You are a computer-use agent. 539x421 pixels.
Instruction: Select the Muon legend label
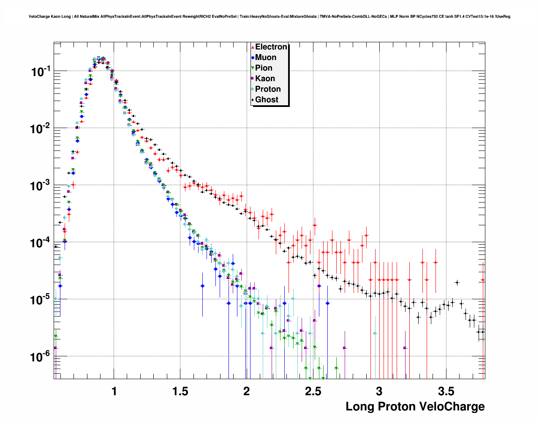[x=266, y=57]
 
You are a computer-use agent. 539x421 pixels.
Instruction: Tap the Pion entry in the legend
[x=264, y=68]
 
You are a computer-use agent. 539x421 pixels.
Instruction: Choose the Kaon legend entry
[x=265, y=79]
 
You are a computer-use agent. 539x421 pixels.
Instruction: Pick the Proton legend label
[x=268, y=89]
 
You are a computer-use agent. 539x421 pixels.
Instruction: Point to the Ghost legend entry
[x=267, y=100]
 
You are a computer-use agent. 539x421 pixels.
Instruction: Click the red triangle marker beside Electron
[x=253, y=47]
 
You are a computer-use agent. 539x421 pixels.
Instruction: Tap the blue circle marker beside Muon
[x=253, y=57]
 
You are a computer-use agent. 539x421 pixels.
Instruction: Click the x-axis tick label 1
[x=114, y=391]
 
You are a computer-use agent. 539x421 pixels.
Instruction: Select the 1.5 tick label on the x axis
[x=180, y=391]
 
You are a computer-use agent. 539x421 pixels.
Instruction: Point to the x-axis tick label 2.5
[x=313, y=391]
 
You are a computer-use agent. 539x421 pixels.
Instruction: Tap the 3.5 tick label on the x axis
[x=446, y=391]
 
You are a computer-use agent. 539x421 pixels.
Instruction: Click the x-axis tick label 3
[x=379, y=391]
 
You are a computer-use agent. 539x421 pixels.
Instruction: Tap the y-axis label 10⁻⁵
[x=41, y=300]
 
